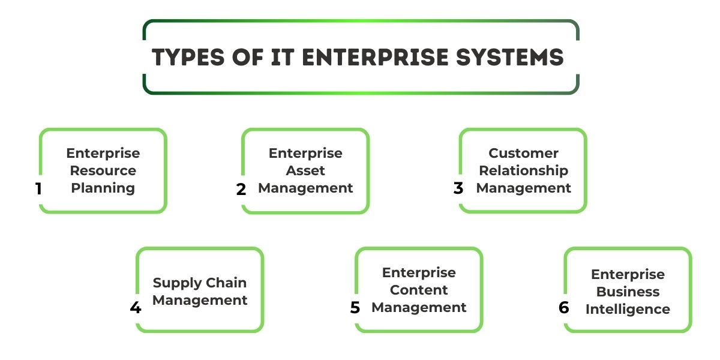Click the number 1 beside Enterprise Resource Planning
[x=38, y=189]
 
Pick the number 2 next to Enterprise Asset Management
[x=241, y=190]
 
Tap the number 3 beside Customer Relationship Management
[x=458, y=188]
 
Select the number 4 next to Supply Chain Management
[x=136, y=308]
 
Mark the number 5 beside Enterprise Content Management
[x=355, y=308]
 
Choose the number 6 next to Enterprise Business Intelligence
[x=563, y=308]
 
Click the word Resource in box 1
[x=103, y=171]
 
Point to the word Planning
[x=103, y=188]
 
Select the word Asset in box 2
[x=305, y=171]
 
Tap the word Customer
[x=523, y=153]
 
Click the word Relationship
[x=523, y=170]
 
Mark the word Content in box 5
[x=419, y=290]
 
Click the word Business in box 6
[x=628, y=292]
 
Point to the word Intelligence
[x=628, y=309]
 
